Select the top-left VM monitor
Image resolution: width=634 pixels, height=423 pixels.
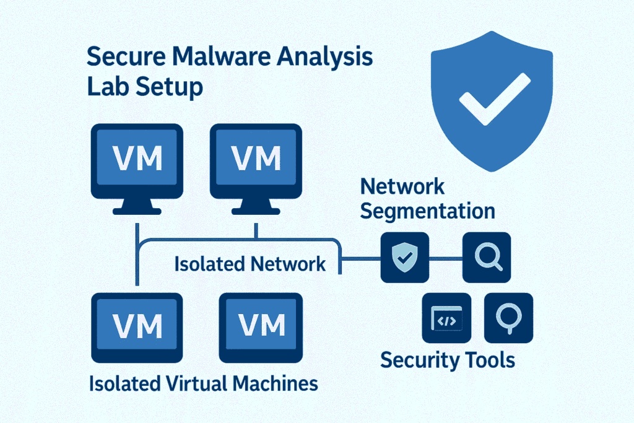137,159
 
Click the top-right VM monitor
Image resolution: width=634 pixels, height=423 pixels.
256,159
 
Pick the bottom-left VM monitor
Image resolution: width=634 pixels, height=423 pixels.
137,324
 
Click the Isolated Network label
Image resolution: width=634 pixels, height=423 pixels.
250,264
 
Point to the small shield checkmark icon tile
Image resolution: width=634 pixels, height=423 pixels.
404,256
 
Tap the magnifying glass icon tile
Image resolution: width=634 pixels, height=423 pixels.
487,256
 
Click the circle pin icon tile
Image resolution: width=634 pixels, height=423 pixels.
508,318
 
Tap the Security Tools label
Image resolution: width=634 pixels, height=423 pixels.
447,359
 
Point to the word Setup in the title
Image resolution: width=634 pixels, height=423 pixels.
167,87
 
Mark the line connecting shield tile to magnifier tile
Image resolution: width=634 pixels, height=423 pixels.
446,256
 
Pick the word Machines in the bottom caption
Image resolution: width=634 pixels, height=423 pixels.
275,383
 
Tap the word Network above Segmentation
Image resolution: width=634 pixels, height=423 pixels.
402,186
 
